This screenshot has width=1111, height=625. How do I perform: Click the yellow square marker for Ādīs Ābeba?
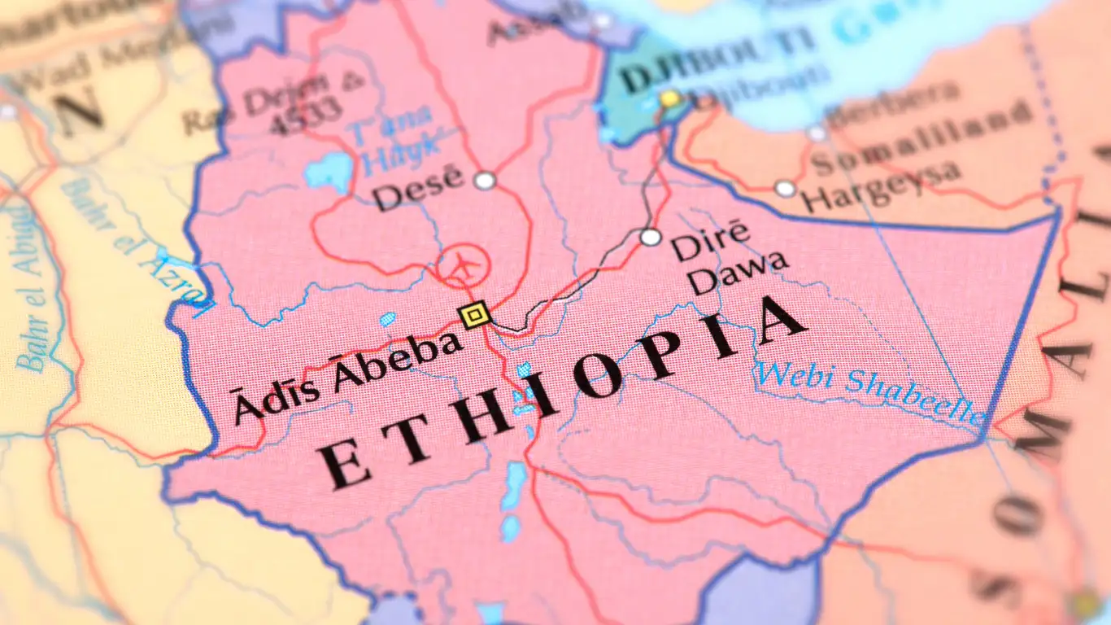point(475,314)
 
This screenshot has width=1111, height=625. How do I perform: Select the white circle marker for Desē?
point(485,181)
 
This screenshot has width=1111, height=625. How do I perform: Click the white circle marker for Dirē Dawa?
point(651,237)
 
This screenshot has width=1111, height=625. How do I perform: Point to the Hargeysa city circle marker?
point(785,189)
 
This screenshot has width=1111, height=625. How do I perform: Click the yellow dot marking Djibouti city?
point(669,99)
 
